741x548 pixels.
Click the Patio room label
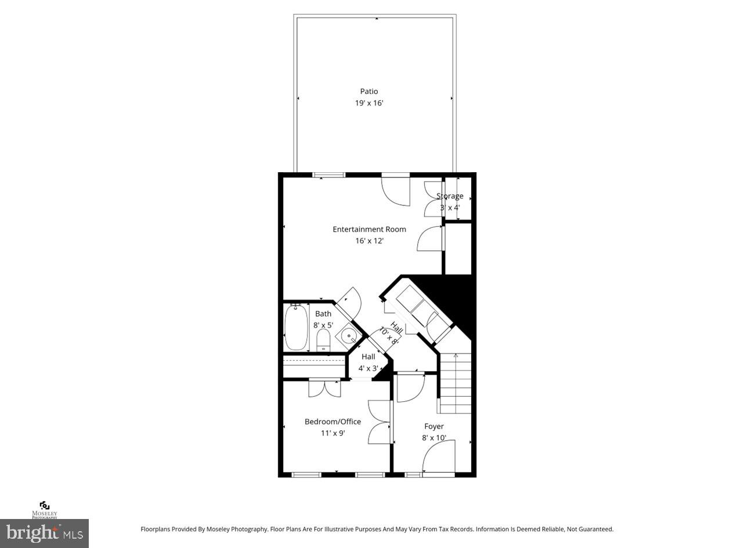tap(369, 91)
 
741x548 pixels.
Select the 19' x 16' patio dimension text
tap(369, 103)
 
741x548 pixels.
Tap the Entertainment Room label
tap(369, 229)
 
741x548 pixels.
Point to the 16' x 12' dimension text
tap(369, 241)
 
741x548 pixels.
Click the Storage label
tap(450, 196)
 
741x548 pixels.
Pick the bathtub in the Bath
tap(296, 328)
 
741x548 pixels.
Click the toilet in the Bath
tap(323, 342)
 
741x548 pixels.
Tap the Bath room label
tap(323, 314)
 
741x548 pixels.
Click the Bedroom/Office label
tap(332, 422)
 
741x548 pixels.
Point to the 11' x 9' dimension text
tap(332, 433)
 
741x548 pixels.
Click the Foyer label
tap(434, 426)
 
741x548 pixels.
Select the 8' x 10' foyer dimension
tap(434, 438)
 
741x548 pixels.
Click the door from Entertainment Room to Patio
tap(396, 190)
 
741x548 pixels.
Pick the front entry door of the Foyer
tap(439, 458)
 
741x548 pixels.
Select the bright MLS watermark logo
tap(44, 532)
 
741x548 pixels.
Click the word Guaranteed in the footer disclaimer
tap(593, 529)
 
